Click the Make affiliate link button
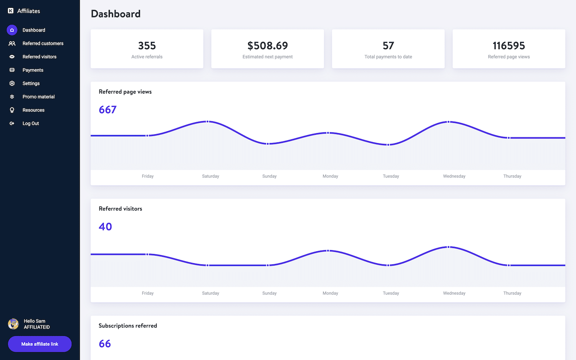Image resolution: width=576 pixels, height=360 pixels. (x=40, y=344)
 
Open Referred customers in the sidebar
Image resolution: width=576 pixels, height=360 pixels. (x=43, y=43)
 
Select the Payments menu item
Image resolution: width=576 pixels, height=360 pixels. (x=33, y=70)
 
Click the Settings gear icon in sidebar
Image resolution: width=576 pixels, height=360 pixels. (x=12, y=83)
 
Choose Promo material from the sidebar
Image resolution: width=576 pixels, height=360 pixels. (x=38, y=97)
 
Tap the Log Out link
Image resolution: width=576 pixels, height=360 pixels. (x=31, y=124)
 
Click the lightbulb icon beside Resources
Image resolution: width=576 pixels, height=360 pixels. (x=12, y=110)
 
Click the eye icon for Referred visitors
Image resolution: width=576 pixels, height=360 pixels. (x=12, y=57)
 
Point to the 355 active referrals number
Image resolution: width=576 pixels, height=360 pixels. (x=147, y=46)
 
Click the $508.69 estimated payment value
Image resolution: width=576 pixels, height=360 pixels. (x=267, y=46)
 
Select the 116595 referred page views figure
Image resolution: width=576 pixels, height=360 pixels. (x=508, y=46)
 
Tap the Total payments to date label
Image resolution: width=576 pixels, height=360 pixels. (x=388, y=57)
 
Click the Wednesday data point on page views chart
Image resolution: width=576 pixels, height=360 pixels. (x=448, y=122)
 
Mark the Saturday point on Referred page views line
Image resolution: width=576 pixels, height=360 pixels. (x=207, y=122)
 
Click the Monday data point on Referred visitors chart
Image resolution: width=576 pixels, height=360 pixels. (x=328, y=251)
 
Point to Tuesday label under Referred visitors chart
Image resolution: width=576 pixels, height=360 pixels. (x=391, y=293)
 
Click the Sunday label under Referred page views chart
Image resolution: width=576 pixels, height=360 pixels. (x=269, y=176)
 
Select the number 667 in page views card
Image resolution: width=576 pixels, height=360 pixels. (x=108, y=110)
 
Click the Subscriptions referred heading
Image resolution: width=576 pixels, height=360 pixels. (x=127, y=326)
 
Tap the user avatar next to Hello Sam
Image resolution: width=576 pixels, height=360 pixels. (x=13, y=324)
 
